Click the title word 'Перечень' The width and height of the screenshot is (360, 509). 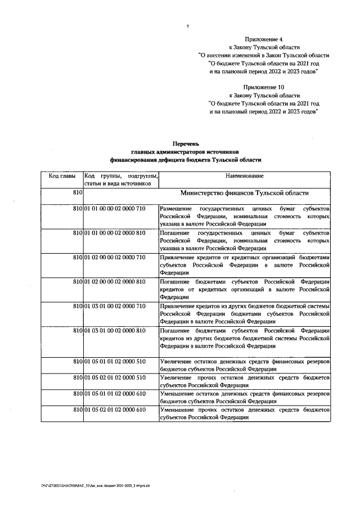coord(186,144)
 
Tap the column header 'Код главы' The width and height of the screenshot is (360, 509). coord(62,176)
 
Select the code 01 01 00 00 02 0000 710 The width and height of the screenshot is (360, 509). coord(115,209)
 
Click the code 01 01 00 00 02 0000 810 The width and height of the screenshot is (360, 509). coord(115,232)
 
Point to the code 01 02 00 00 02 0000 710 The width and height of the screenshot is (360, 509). coord(115,256)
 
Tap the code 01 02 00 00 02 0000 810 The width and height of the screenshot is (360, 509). coord(115,281)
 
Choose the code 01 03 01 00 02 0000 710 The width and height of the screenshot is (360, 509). coord(115,305)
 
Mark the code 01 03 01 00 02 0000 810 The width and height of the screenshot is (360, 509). coord(115,330)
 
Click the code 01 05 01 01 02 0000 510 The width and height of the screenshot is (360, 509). coord(115,361)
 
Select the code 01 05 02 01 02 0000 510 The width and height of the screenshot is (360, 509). coord(115,377)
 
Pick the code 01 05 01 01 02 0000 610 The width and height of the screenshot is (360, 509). coord(115,393)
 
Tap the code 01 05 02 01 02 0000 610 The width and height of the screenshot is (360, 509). coord(115,409)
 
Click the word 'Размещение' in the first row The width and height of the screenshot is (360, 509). coord(175,209)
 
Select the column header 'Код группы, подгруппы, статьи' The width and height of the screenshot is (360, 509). coord(121,179)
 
